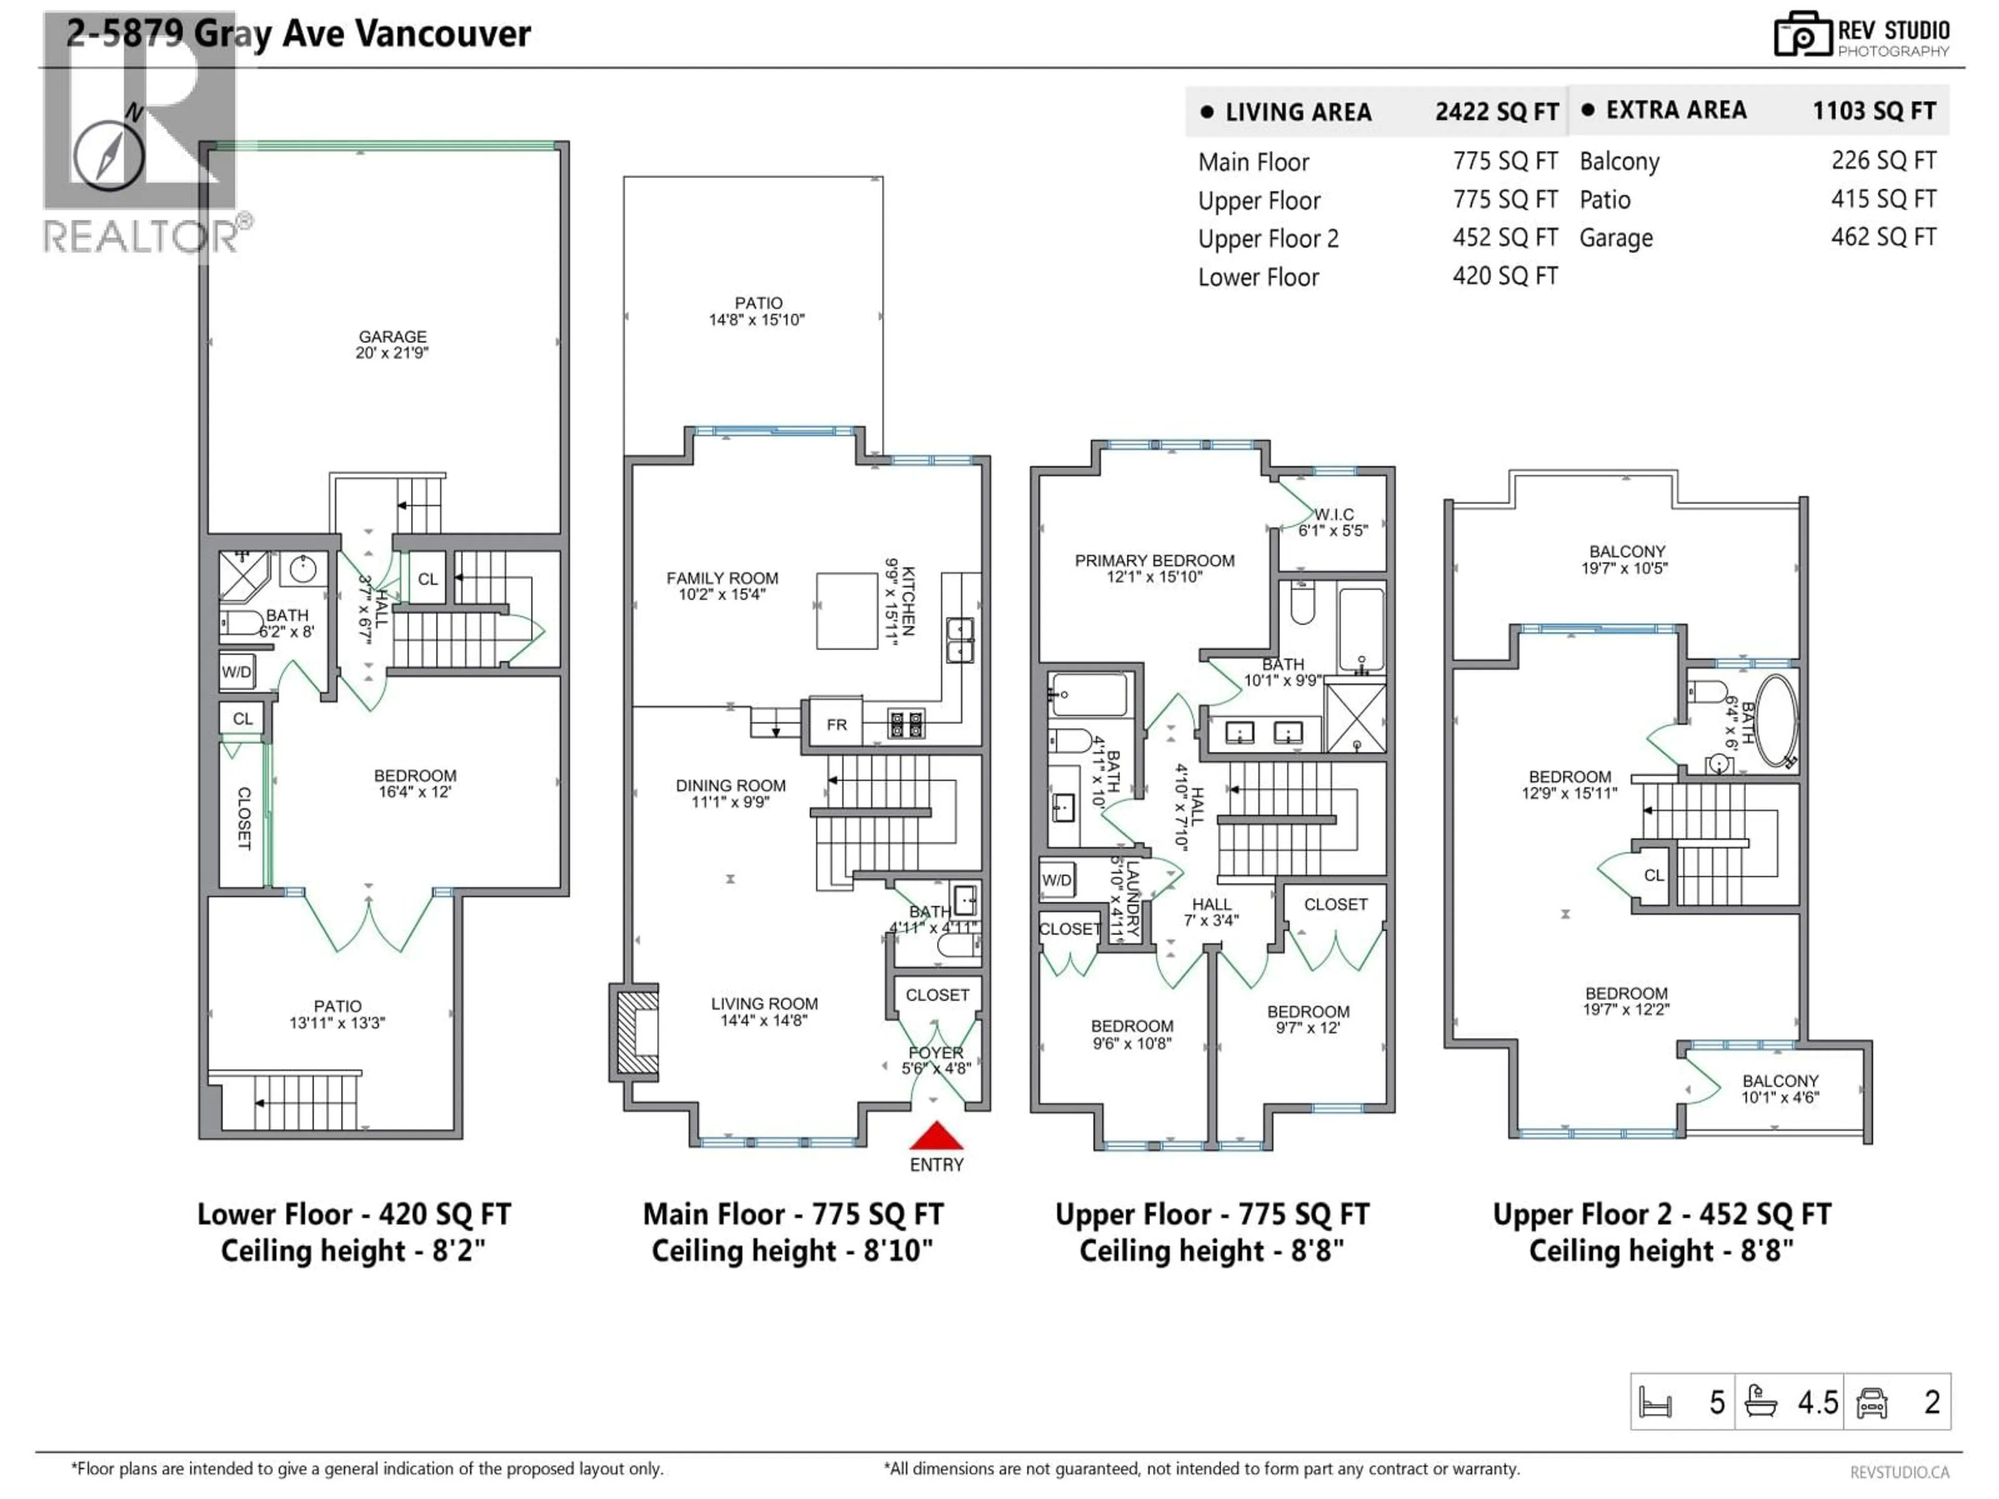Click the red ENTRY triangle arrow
pos(936,1135)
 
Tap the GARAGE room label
pos(391,344)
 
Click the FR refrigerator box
pos(836,724)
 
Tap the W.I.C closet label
pos(1333,522)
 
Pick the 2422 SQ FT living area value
pos(1497,112)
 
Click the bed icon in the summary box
pos(1655,1402)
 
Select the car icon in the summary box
pos(1871,1402)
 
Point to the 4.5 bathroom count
pos(1817,1402)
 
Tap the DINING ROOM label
pos(730,792)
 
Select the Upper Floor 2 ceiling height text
pos(1661,1251)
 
